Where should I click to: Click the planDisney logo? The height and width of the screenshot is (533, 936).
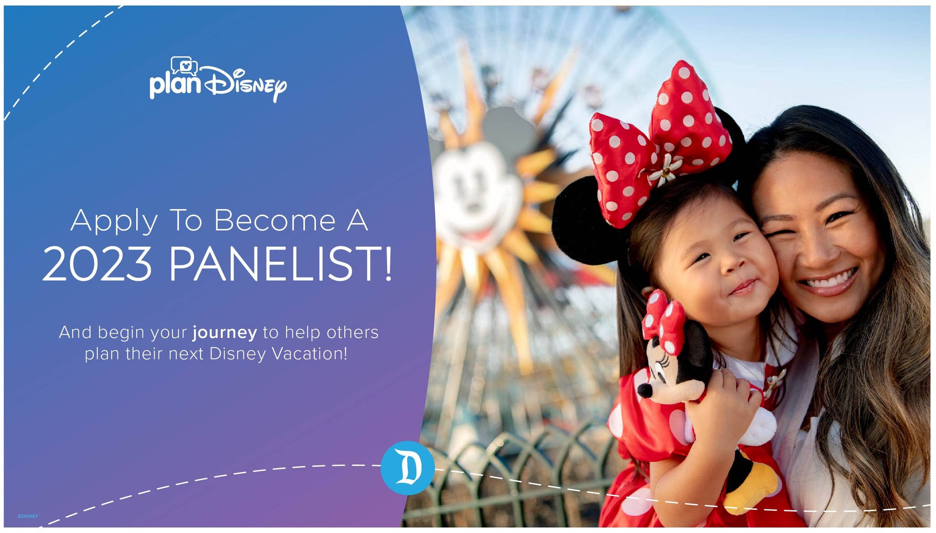[x=218, y=80]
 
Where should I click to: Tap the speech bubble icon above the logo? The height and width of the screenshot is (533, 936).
[x=184, y=66]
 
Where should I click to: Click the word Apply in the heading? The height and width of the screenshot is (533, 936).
[x=114, y=221]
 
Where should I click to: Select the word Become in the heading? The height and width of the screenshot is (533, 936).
[x=275, y=221]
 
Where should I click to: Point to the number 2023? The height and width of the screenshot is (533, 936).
[x=97, y=264]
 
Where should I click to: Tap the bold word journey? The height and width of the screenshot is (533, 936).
[x=224, y=333]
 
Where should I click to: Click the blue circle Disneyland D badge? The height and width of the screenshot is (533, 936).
[x=408, y=468]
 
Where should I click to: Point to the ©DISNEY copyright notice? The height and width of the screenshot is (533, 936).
[x=28, y=517]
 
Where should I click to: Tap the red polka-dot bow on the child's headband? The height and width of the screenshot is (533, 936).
[x=659, y=146]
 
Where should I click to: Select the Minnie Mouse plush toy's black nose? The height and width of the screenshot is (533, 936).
[x=645, y=391]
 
